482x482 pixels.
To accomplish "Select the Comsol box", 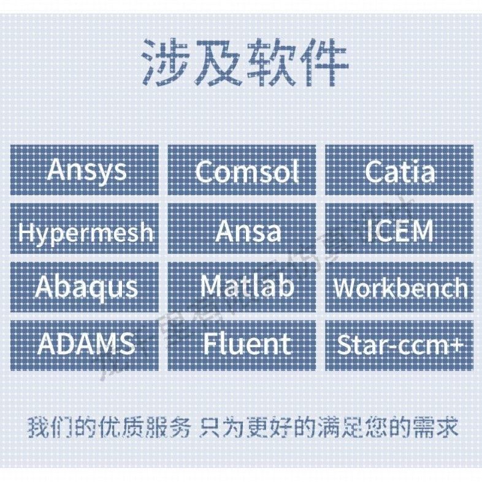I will click(242, 170).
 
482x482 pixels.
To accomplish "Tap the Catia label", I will click(399, 170).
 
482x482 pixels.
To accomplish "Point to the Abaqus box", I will click(85, 287).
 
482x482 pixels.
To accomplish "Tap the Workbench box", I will click(399, 287).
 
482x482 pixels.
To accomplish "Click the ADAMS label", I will click(85, 345).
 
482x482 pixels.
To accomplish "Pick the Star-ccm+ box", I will click(399, 345).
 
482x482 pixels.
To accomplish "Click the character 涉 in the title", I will click(166, 63).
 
